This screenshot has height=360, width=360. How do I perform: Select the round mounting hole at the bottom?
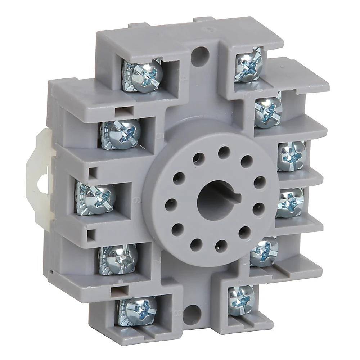point(192,314)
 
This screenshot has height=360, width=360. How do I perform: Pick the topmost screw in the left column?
point(142,75)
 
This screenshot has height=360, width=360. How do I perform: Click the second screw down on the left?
point(120,134)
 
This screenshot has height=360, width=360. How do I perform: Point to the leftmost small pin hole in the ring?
point(171,205)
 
